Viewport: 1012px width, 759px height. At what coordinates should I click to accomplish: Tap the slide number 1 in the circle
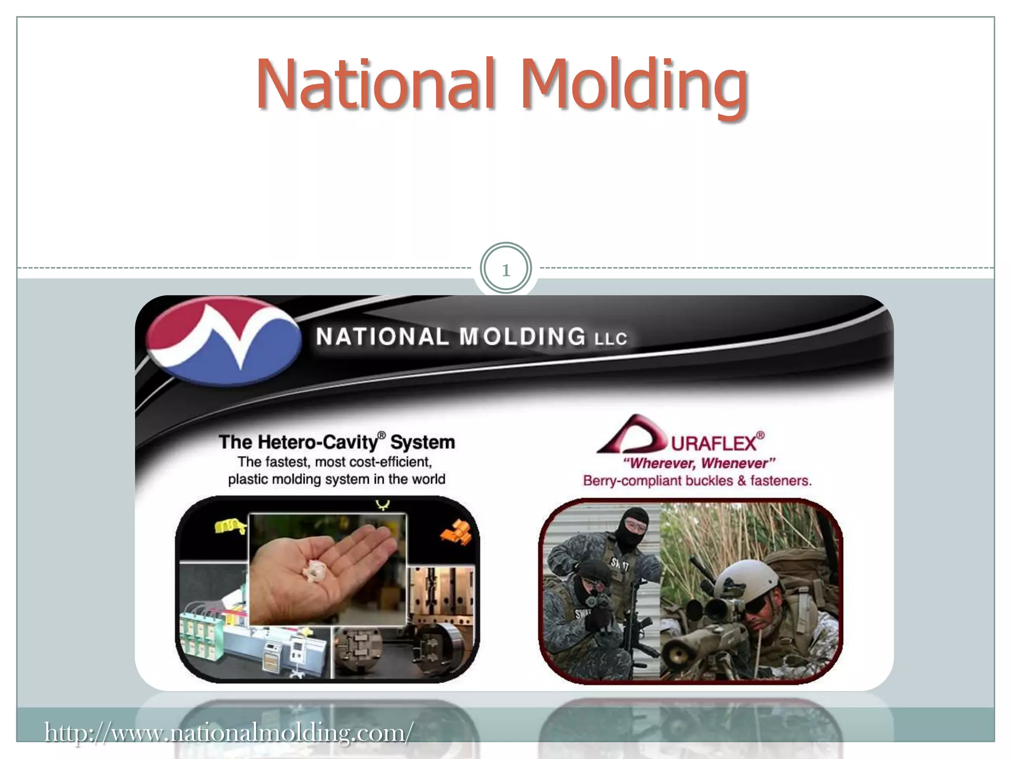click(506, 270)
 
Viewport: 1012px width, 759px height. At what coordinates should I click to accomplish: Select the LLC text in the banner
click(610, 339)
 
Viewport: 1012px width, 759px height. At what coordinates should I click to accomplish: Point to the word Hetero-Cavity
click(317, 442)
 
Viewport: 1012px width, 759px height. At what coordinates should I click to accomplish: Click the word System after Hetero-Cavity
click(422, 442)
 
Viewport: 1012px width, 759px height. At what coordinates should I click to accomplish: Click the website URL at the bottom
click(228, 732)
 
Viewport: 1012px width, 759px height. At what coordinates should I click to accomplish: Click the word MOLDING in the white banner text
click(522, 337)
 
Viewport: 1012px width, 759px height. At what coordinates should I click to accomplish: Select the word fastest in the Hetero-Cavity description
click(287, 462)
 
